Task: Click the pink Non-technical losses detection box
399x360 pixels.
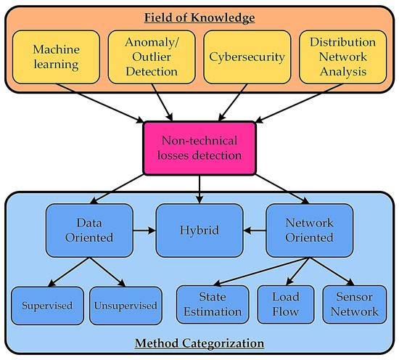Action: [199, 148]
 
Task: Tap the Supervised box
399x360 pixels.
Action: [45, 305]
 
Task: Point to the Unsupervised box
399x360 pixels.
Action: [125, 305]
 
